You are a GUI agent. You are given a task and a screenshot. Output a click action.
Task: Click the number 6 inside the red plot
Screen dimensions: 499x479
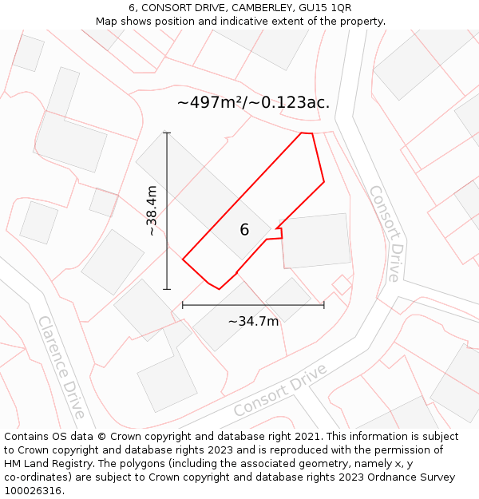(244, 230)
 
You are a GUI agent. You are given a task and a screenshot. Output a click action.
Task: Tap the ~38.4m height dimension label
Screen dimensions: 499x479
(151, 211)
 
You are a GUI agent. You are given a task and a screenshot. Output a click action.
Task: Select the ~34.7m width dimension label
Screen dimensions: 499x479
(253, 321)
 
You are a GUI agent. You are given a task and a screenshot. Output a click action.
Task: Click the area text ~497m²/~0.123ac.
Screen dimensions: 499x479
(253, 102)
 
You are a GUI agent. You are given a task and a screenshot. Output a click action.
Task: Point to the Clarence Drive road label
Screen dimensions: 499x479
(61, 366)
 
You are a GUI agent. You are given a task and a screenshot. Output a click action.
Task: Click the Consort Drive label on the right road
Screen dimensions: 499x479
(384, 233)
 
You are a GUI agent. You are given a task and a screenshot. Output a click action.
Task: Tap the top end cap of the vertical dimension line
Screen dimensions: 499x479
(167, 133)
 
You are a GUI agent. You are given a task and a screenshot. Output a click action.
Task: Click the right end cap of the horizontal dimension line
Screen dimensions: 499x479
(324, 304)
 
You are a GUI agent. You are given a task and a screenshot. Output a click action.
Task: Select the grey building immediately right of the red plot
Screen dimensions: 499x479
(316, 240)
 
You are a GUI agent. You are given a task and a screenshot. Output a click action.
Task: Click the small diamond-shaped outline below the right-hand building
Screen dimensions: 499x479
(342, 284)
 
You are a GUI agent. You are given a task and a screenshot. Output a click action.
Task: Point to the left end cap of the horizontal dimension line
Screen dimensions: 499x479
(183, 304)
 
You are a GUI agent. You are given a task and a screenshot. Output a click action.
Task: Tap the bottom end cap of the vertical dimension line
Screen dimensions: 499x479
(167, 289)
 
